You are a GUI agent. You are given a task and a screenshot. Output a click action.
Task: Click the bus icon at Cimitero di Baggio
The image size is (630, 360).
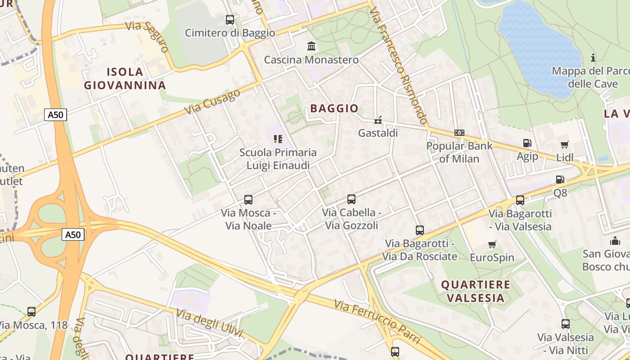(229, 20)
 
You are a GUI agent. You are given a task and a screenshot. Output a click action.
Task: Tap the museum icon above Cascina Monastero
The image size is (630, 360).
(311, 46)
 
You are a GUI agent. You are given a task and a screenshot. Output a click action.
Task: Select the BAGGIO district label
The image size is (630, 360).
(334, 108)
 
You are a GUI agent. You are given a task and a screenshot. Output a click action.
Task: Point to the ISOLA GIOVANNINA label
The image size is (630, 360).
(125, 78)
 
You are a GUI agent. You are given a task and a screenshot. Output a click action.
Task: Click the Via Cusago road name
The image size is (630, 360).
(212, 102)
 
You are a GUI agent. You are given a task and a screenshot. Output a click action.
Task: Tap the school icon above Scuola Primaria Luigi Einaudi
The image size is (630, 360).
(278, 139)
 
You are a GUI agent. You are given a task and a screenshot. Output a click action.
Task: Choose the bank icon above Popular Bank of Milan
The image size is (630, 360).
(459, 133)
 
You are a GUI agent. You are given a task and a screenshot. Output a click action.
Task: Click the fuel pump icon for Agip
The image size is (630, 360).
(527, 143)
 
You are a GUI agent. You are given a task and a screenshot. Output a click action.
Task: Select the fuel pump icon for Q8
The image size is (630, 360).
(560, 180)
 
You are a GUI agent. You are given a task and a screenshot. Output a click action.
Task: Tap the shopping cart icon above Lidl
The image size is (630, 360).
(565, 144)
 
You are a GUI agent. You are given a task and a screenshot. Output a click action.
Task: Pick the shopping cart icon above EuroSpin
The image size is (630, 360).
(492, 244)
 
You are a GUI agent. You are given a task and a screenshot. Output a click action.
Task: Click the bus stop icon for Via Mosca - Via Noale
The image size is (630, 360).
(248, 199)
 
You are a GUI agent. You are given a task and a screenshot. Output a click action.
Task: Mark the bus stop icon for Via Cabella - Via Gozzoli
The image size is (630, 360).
(351, 199)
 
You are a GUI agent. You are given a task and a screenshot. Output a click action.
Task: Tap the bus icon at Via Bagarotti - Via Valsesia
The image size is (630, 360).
(520, 200)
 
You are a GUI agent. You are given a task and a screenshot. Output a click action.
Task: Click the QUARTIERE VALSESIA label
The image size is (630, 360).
(476, 291)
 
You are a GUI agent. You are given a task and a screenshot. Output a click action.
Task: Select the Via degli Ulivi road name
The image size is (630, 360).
(209, 323)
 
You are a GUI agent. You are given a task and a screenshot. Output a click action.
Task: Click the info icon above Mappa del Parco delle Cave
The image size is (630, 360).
(593, 58)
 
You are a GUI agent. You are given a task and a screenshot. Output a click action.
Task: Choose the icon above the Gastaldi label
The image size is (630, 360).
(378, 120)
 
